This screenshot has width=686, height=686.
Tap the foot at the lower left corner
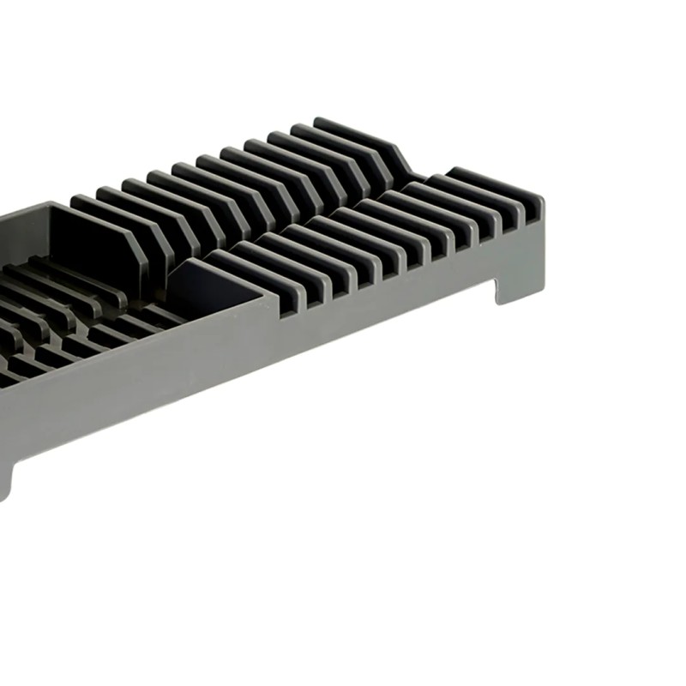click(7, 480)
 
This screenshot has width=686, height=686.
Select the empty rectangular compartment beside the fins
click(214, 283)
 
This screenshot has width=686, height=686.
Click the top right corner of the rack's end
click(542, 202)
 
